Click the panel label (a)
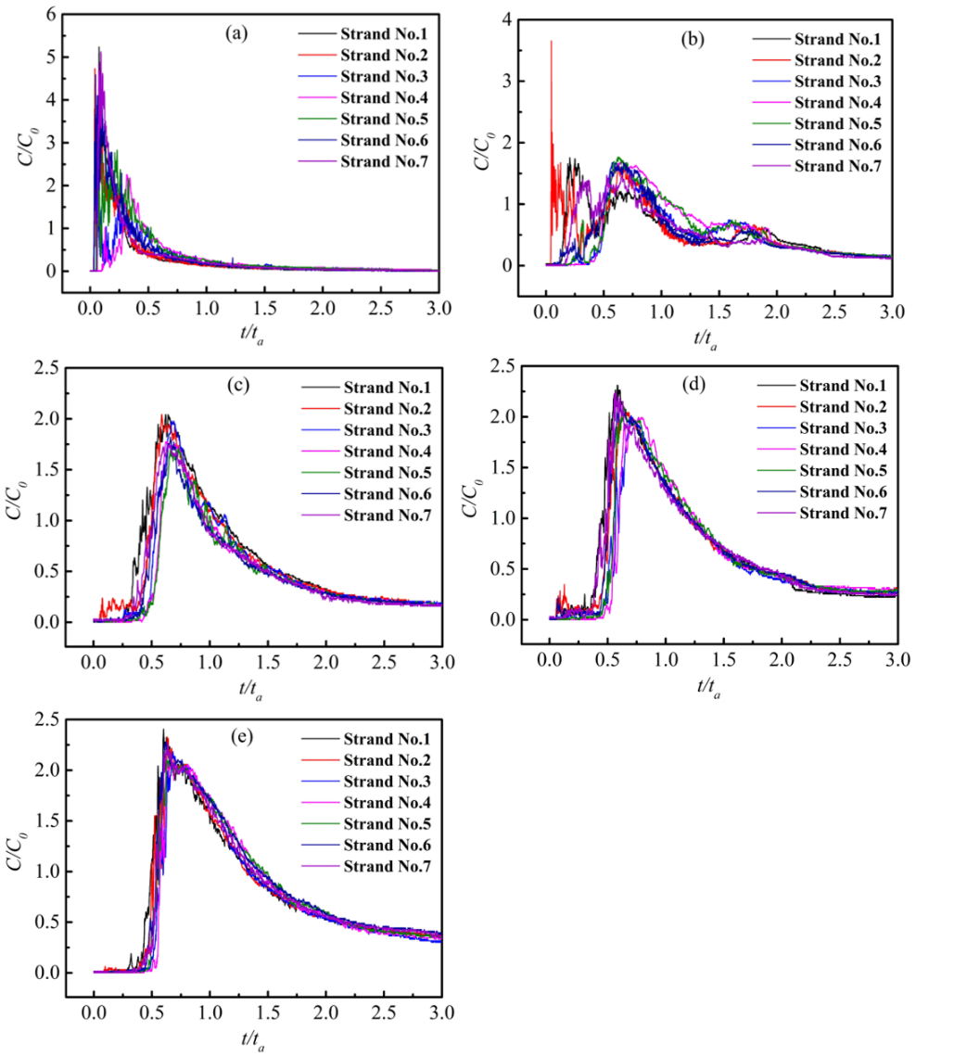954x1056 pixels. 236,33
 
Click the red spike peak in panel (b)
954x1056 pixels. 552,41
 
